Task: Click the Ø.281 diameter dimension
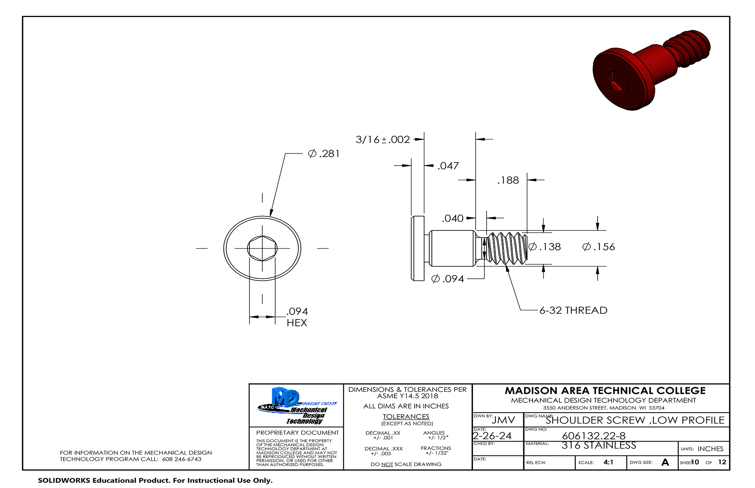[x=324, y=154]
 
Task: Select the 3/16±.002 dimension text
[x=382, y=140]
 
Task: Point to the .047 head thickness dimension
[x=448, y=166]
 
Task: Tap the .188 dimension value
[x=508, y=181]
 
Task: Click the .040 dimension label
[x=453, y=218]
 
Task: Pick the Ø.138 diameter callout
[x=545, y=247]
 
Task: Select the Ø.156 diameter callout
[x=599, y=247]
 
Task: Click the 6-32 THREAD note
[x=573, y=310]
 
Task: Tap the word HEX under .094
[x=297, y=323]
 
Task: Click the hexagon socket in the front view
[x=262, y=248]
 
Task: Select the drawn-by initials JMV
[x=503, y=420]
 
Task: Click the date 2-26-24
[x=492, y=436]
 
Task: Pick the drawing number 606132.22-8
[x=593, y=436]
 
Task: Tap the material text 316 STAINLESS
[x=599, y=446]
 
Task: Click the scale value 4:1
[x=608, y=462]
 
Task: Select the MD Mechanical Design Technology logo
[x=297, y=406]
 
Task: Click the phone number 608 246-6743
[x=182, y=459]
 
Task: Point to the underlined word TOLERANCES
[x=406, y=417]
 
